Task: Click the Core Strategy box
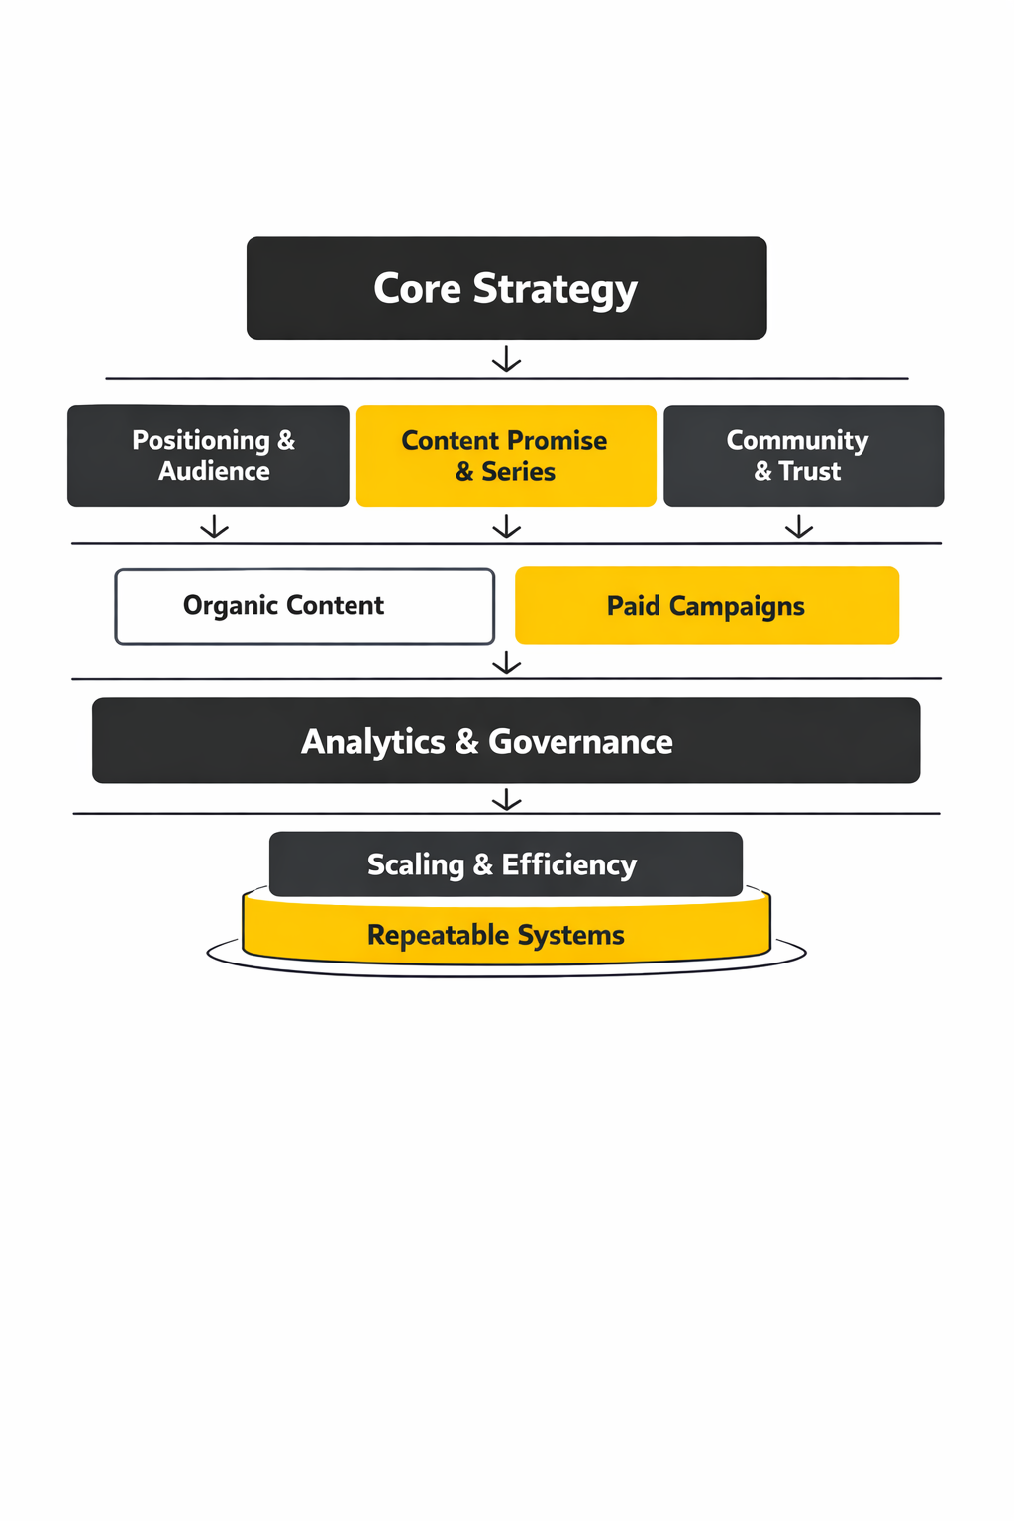pyautogui.click(x=506, y=288)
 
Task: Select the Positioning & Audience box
pyautogui.click(x=208, y=456)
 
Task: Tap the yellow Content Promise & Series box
pyautogui.click(x=506, y=456)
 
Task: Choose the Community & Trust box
pyautogui.click(x=803, y=456)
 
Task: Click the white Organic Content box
pyautogui.click(x=304, y=606)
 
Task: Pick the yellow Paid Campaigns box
pyautogui.click(x=707, y=606)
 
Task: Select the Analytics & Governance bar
pyautogui.click(x=506, y=741)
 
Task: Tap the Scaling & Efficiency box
pyautogui.click(x=506, y=864)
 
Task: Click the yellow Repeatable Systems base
pyautogui.click(x=506, y=936)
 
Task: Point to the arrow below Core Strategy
pyautogui.click(x=506, y=358)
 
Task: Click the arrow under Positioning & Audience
pyautogui.click(x=214, y=526)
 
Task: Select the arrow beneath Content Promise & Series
pyautogui.click(x=506, y=526)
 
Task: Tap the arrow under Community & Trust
pyautogui.click(x=799, y=526)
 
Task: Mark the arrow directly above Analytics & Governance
pyautogui.click(x=506, y=662)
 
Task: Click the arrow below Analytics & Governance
pyautogui.click(x=506, y=799)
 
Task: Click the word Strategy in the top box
pyautogui.click(x=555, y=290)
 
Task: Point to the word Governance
pyautogui.click(x=580, y=742)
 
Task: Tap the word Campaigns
pyautogui.click(x=737, y=607)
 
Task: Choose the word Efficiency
pyautogui.click(x=568, y=865)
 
